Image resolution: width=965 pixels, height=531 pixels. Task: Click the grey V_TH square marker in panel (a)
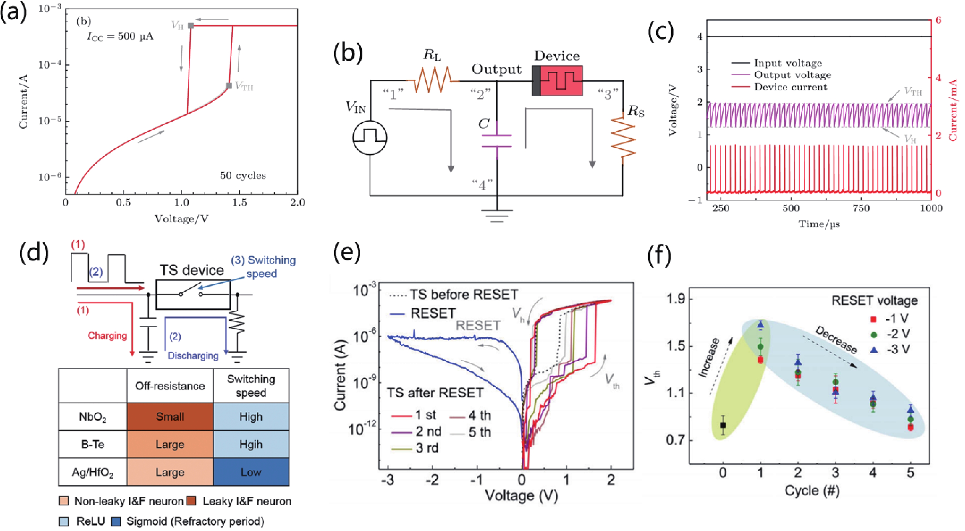click(229, 86)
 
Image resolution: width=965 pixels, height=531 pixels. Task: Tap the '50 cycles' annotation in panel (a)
click(243, 175)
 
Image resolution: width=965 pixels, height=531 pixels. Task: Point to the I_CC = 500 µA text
click(120, 36)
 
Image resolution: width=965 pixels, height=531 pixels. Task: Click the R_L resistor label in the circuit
click(432, 55)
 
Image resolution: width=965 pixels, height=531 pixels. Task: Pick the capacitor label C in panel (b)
click(484, 124)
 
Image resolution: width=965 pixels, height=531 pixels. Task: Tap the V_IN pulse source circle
click(370, 138)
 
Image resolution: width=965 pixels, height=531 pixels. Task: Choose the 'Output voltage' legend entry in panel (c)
click(792, 75)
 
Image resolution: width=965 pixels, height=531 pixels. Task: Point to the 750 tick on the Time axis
click(861, 208)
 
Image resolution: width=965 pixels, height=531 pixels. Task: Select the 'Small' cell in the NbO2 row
click(170, 416)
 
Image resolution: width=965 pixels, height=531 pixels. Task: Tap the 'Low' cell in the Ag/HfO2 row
click(251, 472)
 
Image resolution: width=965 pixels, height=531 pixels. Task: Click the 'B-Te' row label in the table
click(93, 444)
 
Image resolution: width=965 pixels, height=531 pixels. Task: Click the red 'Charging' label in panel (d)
click(107, 336)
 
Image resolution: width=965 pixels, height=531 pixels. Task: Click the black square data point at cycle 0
click(723, 425)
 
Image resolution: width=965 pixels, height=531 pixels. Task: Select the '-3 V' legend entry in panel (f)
click(898, 350)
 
